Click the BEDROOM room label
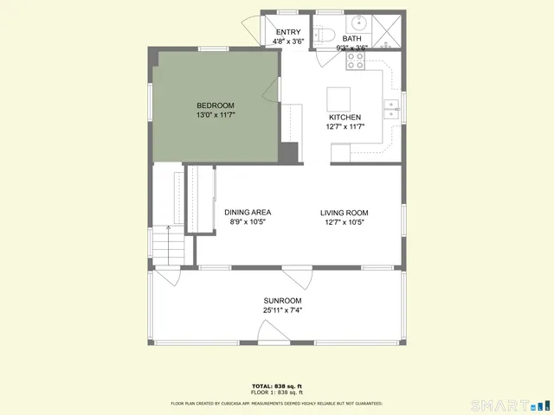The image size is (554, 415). point(216,105)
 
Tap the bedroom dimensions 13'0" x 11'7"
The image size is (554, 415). point(216,115)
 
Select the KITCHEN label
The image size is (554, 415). point(345,118)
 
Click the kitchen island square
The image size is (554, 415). point(338,97)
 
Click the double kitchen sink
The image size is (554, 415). point(392,108)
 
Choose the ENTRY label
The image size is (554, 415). point(288,32)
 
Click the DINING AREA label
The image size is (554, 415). point(248,213)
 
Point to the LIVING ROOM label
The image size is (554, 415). point(345,213)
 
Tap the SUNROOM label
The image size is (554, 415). point(282,301)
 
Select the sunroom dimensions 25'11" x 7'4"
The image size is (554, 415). point(282,310)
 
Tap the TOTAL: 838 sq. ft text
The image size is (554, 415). point(277,386)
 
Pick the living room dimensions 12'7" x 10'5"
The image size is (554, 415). point(345,222)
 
